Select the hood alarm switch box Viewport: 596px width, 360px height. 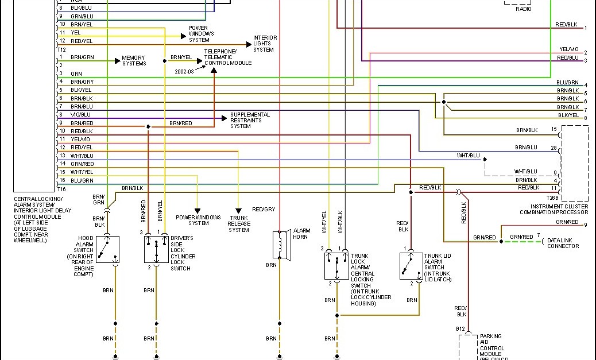(x=107, y=250)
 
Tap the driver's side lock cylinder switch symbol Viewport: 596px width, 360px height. (x=156, y=250)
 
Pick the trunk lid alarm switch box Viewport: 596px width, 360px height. (x=411, y=266)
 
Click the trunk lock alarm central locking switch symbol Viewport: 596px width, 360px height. (x=336, y=266)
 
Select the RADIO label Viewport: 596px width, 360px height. (x=523, y=9)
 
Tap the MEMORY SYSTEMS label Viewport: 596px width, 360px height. (x=134, y=60)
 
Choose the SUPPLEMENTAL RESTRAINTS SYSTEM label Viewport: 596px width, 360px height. (x=250, y=121)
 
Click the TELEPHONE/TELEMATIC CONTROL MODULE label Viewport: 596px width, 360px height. (x=228, y=57)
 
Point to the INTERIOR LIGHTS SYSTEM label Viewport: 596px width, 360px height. (x=265, y=44)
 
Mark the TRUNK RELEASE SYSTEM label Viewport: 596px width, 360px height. (x=238, y=224)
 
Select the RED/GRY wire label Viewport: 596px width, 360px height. (x=264, y=210)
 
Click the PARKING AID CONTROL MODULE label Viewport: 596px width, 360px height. (x=492, y=345)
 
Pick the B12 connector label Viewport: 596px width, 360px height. (x=460, y=329)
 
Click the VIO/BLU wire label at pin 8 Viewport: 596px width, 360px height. (x=81, y=114)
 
